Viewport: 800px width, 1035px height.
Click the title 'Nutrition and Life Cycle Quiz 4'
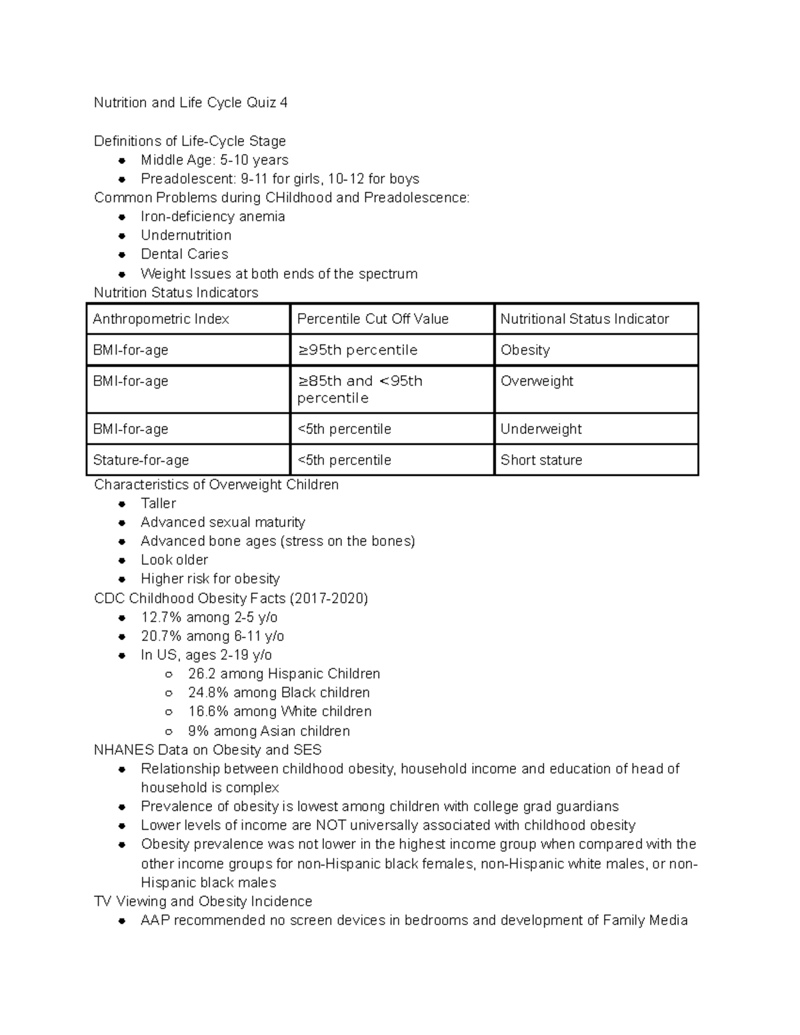tap(191, 103)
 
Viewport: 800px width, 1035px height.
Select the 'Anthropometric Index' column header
tap(161, 319)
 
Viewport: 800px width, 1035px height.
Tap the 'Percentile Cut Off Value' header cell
tap(372, 319)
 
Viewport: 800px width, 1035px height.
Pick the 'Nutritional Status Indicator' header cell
tap(584, 319)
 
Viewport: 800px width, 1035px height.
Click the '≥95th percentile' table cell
tap(357, 350)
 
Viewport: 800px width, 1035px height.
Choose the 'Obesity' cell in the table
tap(525, 350)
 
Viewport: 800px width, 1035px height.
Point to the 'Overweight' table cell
tap(536, 381)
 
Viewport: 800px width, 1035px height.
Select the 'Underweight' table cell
tap(541, 429)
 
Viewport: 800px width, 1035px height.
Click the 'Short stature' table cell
tap(541, 460)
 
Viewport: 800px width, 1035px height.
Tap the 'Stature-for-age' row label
tap(141, 460)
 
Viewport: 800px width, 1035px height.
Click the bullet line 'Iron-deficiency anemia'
tap(213, 217)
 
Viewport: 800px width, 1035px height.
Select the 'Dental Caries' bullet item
tap(184, 254)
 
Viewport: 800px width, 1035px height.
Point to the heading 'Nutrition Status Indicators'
tap(176, 293)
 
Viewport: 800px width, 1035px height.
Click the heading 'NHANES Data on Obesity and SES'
tap(208, 750)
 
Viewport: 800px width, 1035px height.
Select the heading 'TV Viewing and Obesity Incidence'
tap(203, 902)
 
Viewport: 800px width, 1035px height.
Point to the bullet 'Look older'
tap(174, 560)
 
